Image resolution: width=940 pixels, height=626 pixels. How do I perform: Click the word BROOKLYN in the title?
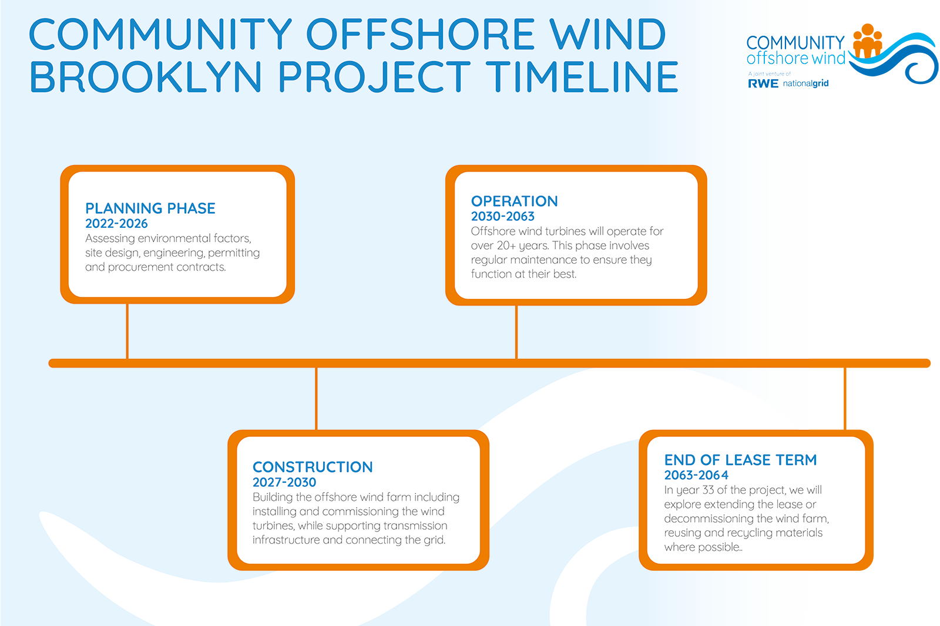pos(146,77)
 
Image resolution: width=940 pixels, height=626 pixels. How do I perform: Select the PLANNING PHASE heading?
pos(150,208)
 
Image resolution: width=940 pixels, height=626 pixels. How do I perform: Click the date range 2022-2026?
pos(116,224)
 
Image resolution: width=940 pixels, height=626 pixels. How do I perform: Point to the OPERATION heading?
pos(515,201)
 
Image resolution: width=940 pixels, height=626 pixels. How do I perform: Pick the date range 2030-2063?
pos(503,217)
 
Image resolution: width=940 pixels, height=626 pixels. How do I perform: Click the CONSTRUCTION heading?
pos(313,467)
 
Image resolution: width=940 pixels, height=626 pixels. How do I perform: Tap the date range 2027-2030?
pos(284,483)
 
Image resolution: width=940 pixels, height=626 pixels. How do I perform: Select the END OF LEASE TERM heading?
pos(740,460)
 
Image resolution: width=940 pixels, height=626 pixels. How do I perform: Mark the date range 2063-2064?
pos(696,476)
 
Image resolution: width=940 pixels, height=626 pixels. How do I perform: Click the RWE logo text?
pos(763,84)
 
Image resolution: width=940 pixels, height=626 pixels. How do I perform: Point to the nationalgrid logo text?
pos(805,84)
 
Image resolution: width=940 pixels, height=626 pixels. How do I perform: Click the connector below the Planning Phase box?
pos(127,331)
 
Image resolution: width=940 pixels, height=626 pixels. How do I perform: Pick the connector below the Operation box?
pos(516,332)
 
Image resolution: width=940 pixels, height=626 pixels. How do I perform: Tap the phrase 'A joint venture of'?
pos(769,74)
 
